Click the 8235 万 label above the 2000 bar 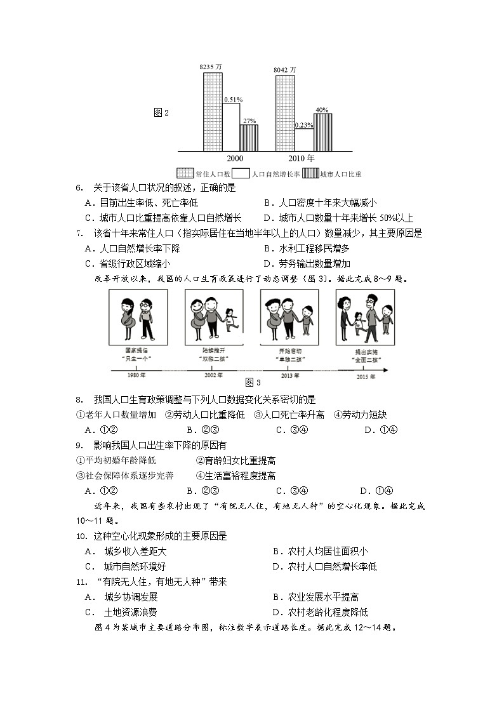pos(211,67)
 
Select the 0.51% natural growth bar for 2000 pos(230,127)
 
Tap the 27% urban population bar pos(248,138)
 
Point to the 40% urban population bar pos(322,132)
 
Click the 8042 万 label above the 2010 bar pos(284,69)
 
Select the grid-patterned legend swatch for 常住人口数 pos(185,173)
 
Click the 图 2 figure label pos(161,113)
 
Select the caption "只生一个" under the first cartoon pos(137,358)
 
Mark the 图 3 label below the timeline pos(253,383)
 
